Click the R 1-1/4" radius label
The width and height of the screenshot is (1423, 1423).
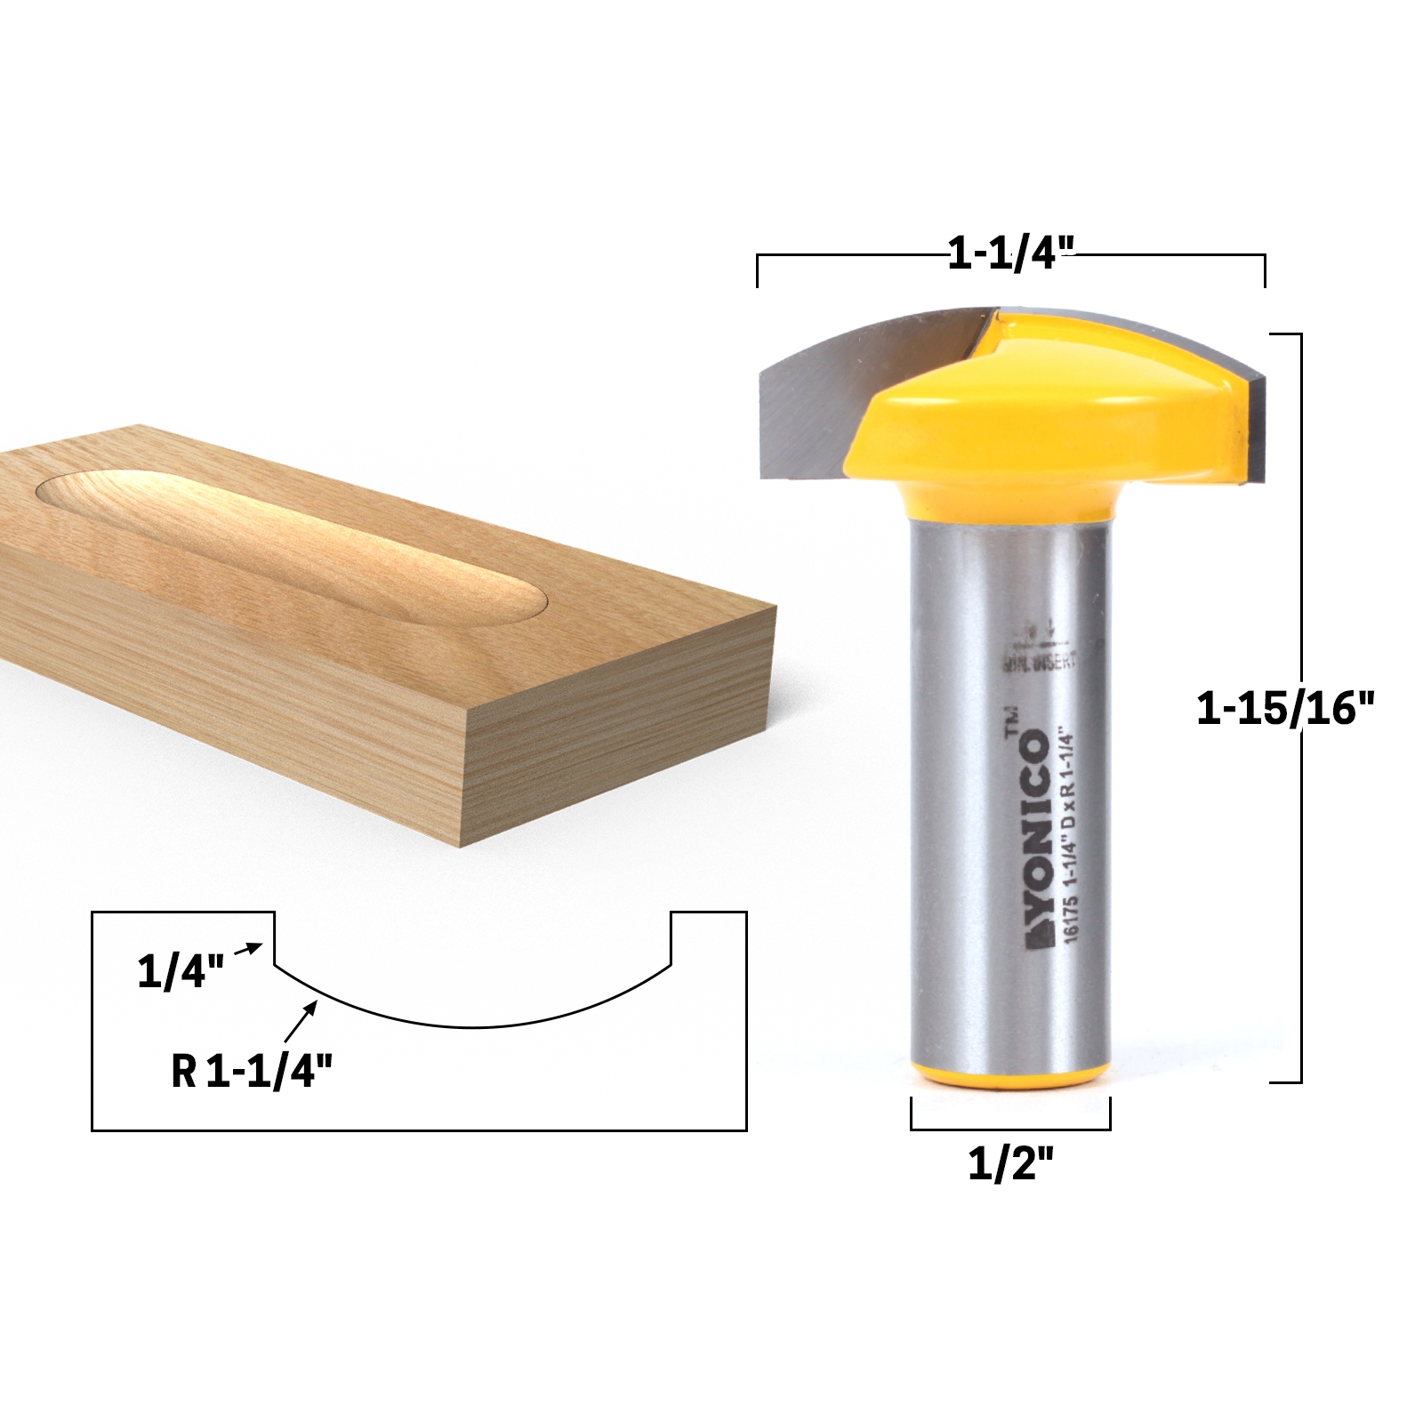pyautogui.click(x=252, y=1072)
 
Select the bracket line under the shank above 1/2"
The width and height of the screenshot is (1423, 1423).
pyautogui.click(x=1010, y=1129)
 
